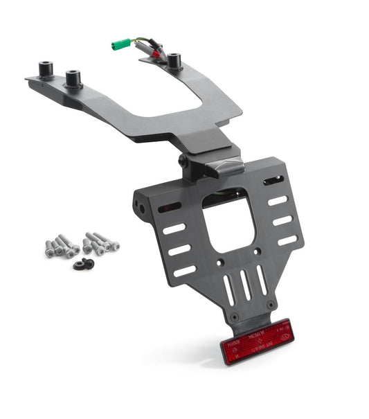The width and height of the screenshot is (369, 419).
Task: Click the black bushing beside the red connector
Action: point(173,61)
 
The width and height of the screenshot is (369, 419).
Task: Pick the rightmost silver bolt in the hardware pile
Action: point(111,243)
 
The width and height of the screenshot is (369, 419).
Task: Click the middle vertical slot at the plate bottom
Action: point(246,285)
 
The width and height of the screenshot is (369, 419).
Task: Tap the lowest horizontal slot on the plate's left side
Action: point(185,270)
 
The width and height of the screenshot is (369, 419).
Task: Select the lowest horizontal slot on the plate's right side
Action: point(287,240)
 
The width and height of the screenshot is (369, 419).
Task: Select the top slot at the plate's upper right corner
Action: point(273,181)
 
